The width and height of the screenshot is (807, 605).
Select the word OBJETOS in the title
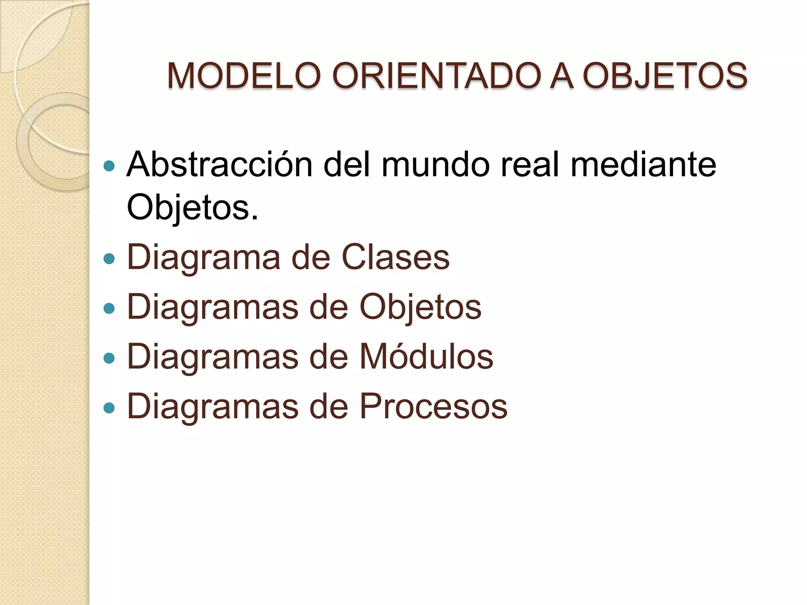tap(665, 76)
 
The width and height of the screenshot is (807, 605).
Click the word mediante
tap(643, 164)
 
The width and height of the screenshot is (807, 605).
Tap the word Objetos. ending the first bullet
tap(192, 208)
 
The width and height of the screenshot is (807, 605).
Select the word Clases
tap(395, 258)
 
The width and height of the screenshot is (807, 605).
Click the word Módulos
tap(426, 356)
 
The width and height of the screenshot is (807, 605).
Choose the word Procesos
tap(433, 406)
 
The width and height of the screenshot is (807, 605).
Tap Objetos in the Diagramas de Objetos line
tap(420, 308)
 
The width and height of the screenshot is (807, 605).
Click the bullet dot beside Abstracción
tap(109, 166)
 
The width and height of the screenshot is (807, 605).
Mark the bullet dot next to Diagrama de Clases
tap(109, 259)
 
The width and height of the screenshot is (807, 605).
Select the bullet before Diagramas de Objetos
tap(109, 308)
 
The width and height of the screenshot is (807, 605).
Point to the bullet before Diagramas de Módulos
tap(109, 358)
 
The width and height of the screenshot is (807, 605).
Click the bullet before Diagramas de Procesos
tap(109, 408)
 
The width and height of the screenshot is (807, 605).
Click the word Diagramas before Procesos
tap(213, 407)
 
